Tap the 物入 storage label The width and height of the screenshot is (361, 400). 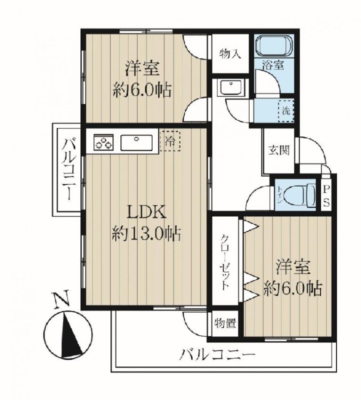coord(230,54)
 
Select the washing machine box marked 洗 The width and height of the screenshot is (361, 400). coord(285,111)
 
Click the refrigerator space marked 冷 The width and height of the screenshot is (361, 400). coord(170,140)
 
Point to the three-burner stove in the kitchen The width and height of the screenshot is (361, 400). coord(103,142)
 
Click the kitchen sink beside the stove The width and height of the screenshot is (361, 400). coord(136,142)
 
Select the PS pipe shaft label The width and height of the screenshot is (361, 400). coord(326,196)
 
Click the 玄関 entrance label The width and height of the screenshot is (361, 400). coord(279,150)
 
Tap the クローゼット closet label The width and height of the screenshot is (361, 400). coord(225,262)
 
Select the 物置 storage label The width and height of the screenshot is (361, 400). coord(225,323)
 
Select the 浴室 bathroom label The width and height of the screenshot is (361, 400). coord(273,65)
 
